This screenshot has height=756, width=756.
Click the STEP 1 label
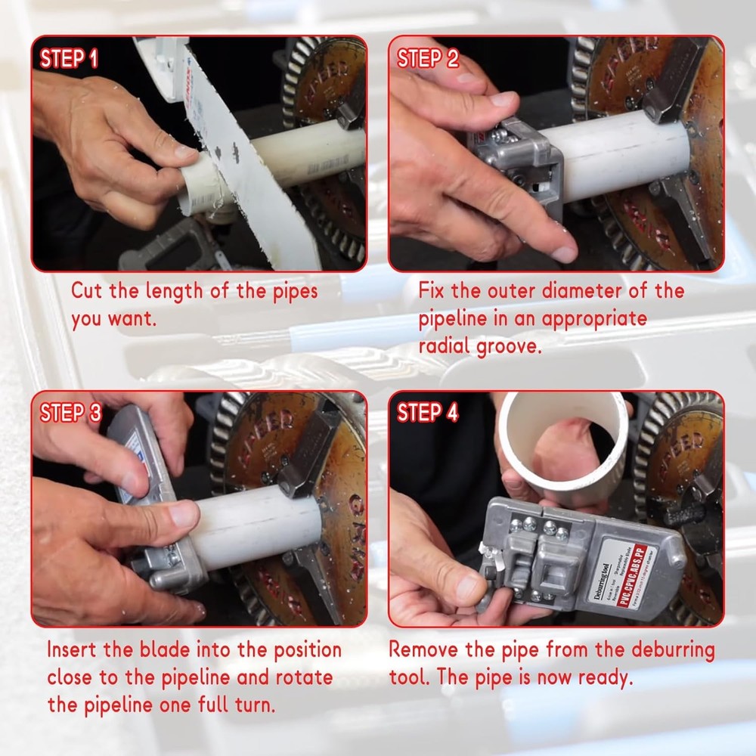[x=69, y=59]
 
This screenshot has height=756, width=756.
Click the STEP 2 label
[x=428, y=59]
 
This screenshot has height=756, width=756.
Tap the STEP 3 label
[x=70, y=414]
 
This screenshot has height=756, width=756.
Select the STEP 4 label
[x=428, y=414]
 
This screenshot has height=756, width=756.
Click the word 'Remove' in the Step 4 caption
[x=424, y=650]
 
